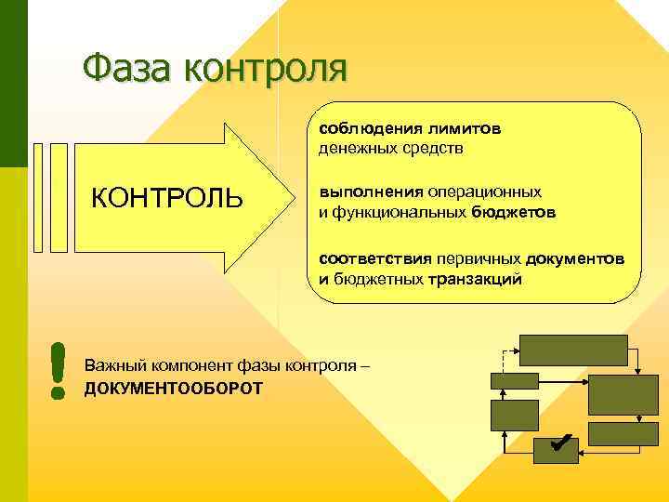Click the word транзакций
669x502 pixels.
[475, 278]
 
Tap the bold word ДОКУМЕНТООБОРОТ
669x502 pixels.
[173, 387]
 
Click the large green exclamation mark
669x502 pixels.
[59, 371]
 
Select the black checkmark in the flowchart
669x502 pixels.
[558, 444]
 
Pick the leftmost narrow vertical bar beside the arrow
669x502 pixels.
[39, 198]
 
